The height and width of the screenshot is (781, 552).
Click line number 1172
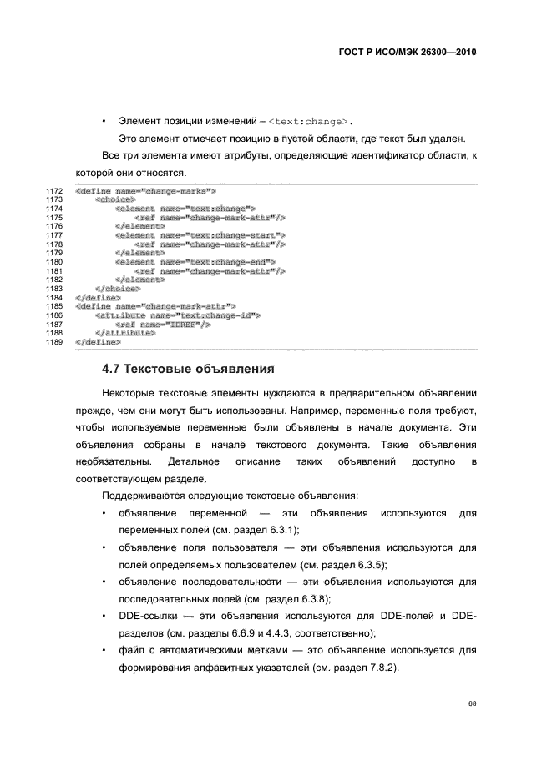coord(55,191)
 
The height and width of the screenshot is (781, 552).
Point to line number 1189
coord(55,342)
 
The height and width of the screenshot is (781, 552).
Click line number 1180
coord(55,262)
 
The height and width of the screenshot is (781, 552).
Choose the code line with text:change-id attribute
coord(179,315)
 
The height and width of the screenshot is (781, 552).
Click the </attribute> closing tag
coord(125,333)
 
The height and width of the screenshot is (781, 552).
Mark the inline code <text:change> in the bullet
coord(310,121)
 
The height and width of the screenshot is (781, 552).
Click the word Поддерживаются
coord(141,495)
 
